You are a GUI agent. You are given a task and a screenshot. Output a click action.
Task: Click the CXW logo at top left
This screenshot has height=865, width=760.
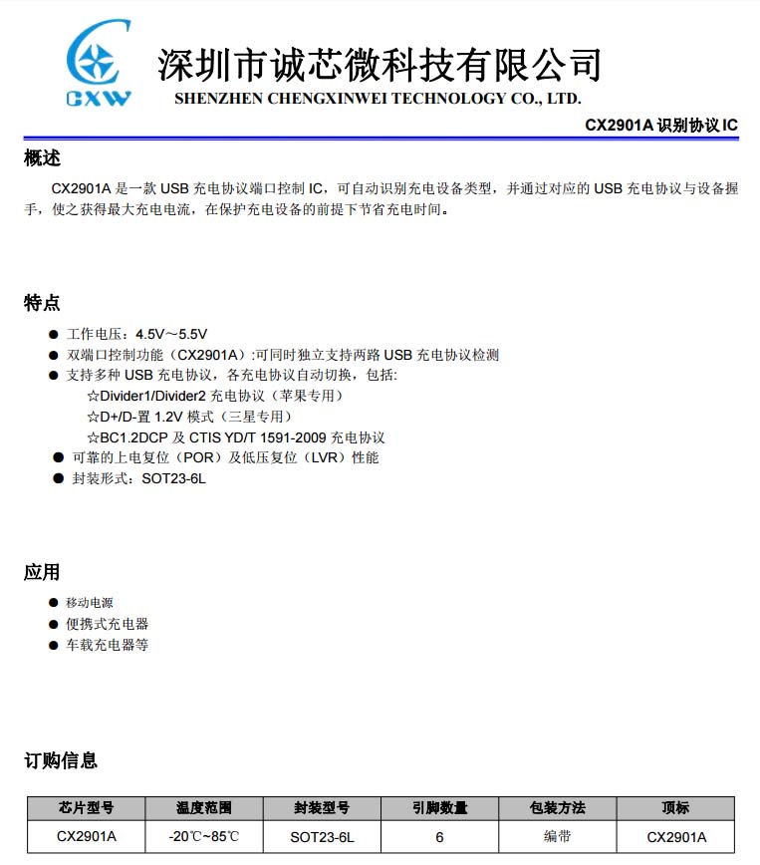point(97,66)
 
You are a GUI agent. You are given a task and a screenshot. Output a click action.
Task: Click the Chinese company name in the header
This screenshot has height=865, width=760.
point(379,65)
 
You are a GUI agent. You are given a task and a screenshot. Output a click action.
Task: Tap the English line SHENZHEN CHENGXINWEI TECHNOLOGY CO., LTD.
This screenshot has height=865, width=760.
point(378,99)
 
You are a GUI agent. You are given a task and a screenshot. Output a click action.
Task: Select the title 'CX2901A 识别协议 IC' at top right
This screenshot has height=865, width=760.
point(660,126)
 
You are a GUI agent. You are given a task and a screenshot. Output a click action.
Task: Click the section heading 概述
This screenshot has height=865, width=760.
point(42,157)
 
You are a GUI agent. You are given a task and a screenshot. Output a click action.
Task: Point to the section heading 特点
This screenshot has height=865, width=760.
point(42,303)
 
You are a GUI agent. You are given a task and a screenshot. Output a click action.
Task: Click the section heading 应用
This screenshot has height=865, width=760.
point(42,572)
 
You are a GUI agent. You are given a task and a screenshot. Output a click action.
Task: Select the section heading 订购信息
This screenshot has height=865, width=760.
point(61,761)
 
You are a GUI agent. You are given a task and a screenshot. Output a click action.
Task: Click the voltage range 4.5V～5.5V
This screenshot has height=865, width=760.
point(171,334)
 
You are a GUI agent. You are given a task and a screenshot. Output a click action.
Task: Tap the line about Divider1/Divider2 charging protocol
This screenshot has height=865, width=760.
point(214,396)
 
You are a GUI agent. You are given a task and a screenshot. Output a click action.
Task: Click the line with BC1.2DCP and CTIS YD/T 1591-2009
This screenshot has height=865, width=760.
point(235,437)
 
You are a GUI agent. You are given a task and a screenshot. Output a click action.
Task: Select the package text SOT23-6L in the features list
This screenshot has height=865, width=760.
point(173,478)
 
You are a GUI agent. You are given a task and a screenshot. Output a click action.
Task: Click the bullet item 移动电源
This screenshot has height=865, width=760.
point(90,603)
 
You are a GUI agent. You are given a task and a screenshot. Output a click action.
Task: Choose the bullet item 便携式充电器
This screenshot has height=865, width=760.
point(108,624)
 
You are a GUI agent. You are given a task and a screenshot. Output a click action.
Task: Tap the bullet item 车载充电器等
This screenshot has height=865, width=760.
point(108,645)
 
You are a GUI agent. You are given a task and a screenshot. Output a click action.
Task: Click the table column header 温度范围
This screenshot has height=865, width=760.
point(204,808)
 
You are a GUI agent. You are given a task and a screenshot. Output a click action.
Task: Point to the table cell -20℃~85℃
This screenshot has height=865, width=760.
point(204,837)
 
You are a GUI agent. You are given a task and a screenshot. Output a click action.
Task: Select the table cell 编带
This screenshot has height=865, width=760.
point(557,836)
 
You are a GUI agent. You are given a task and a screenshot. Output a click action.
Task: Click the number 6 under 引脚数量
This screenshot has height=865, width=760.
point(439,837)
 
